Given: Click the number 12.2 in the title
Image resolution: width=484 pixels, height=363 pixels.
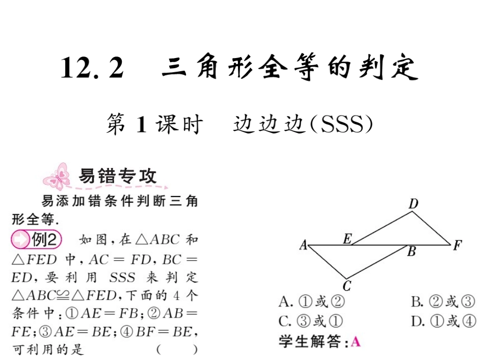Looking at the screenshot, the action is click(92, 68).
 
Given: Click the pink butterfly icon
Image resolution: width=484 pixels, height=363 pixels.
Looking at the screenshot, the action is click(57, 176).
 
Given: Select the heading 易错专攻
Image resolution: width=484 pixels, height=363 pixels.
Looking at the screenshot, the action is click(117, 176).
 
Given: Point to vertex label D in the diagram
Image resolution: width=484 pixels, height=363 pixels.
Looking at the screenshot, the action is click(414, 204).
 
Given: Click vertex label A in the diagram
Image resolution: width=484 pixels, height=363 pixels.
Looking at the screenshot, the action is click(303, 245).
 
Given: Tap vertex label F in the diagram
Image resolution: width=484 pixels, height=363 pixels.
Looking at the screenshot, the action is click(457, 245).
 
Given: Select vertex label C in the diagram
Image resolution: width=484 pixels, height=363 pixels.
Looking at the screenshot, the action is click(347, 286).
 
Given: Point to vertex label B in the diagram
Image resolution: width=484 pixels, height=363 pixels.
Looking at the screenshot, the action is click(412, 250).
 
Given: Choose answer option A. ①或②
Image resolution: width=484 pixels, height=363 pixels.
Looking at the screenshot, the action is click(312, 302).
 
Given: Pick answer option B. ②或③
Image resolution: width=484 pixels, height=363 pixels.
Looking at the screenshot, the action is click(443, 302).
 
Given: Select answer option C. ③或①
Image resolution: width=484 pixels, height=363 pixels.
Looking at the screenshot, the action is click(312, 321).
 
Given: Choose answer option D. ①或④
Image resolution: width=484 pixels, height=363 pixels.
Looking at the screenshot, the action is click(443, 321).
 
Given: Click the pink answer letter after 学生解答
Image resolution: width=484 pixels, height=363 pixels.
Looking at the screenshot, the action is click(356, 342).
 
